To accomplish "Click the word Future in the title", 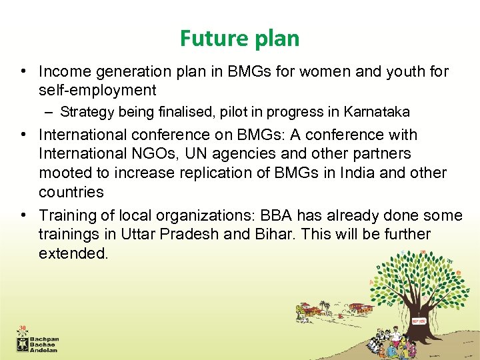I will [x=208, y=39].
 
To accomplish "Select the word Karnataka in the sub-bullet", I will [x=377, y=111].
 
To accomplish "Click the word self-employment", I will [x=97, y=90].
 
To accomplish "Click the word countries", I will [x=71, y=192].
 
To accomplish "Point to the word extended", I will [x=73, y=254].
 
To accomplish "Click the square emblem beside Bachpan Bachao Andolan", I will [x=23, y=343].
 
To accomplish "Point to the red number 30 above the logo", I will [x=23, y=329].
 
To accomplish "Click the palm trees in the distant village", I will [x=325, y=306].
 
